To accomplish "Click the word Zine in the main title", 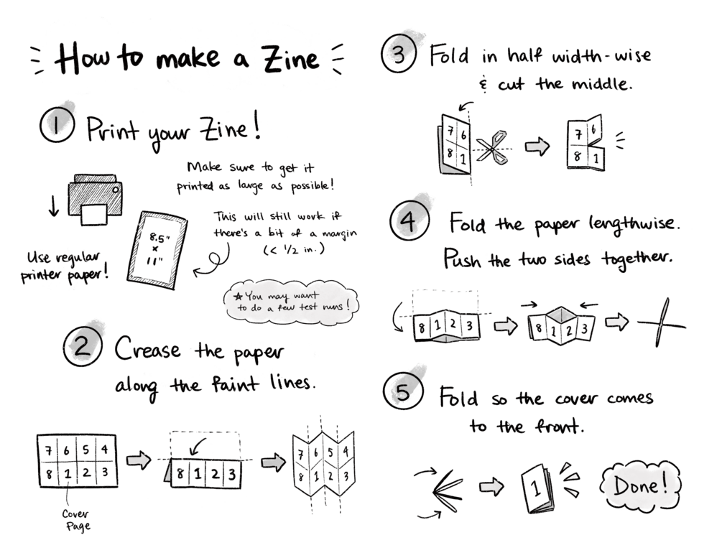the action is pyautogui.click(x=290, y=59).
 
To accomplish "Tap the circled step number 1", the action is pyautogui.click(x=57, y=125).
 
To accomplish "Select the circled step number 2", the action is pyautogui.click(x=83, y=347).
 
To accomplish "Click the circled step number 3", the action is pyautogui.click(x=399, y=55).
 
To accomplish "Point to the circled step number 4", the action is pyautogui.click(x=409, y=221).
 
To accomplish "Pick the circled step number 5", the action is pyautogui.click(x=403, y=392).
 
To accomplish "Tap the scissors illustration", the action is pyautogui.click(x=493, y=147).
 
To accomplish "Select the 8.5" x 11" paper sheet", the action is pyautogui.click(x=157, y=250).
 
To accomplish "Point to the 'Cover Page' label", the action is pyautogui.click(x=76, y=520).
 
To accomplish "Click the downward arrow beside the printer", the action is pyautogui.click(x=54, y=205).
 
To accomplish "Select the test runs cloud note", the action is pyautogui.click(x=291, y=302).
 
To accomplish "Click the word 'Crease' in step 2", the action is pyautogui.click(x=147, y=348).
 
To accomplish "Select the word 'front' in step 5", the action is pyautogui.click(x=558, y=426).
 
